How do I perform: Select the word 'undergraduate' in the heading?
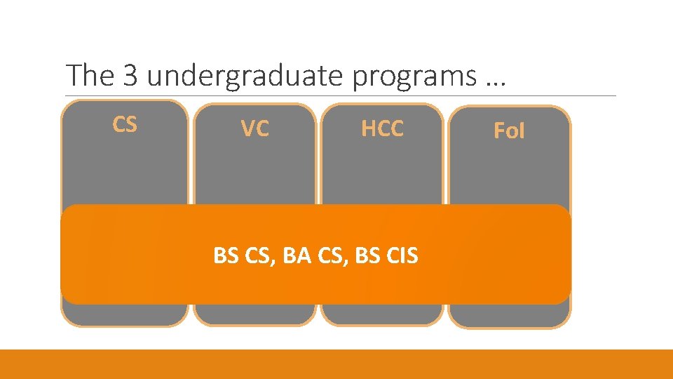click(245, 75)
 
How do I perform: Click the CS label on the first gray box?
click(125, 124)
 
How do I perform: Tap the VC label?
click(254, 129)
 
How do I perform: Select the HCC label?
click(382, 128)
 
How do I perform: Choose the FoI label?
click(509, 131)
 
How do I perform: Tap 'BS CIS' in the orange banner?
click(387, 256)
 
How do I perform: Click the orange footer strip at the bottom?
click(336, 364)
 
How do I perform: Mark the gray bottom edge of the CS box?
click(125, 314)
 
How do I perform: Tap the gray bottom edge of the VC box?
click(254, 314)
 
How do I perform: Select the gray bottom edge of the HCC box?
click(382, 314)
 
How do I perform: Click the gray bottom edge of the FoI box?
click(509, 316)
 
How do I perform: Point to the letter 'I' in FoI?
click(521, 131)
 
